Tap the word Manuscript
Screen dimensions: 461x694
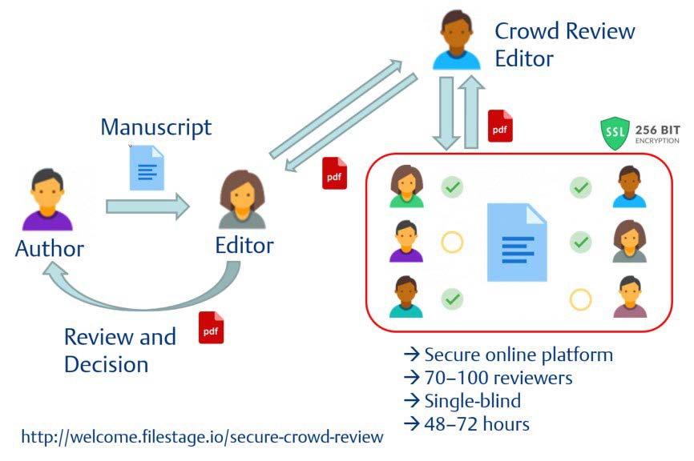(x=156, y=126)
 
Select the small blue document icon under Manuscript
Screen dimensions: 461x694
(x=147, y=168)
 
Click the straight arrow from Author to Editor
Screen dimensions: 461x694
(x=147, y=207)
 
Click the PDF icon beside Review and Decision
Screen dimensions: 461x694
(x=211, y=327)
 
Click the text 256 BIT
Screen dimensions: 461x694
(x=658, y=128)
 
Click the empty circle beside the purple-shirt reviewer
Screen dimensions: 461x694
(x=452, y=242)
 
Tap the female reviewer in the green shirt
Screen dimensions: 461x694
(x=406, y=186)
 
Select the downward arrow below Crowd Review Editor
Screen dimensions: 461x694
(x=446, y=111)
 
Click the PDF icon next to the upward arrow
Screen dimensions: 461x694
(x=500, y=126)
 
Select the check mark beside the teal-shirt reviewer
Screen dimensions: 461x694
(x=453, y=299)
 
